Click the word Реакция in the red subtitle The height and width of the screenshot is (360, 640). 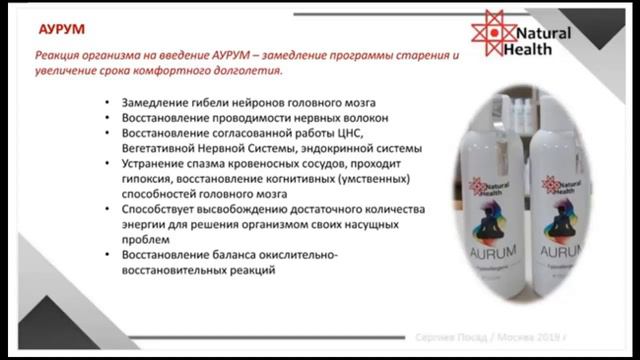pos(59,57)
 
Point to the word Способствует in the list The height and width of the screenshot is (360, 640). pos(160,209)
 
